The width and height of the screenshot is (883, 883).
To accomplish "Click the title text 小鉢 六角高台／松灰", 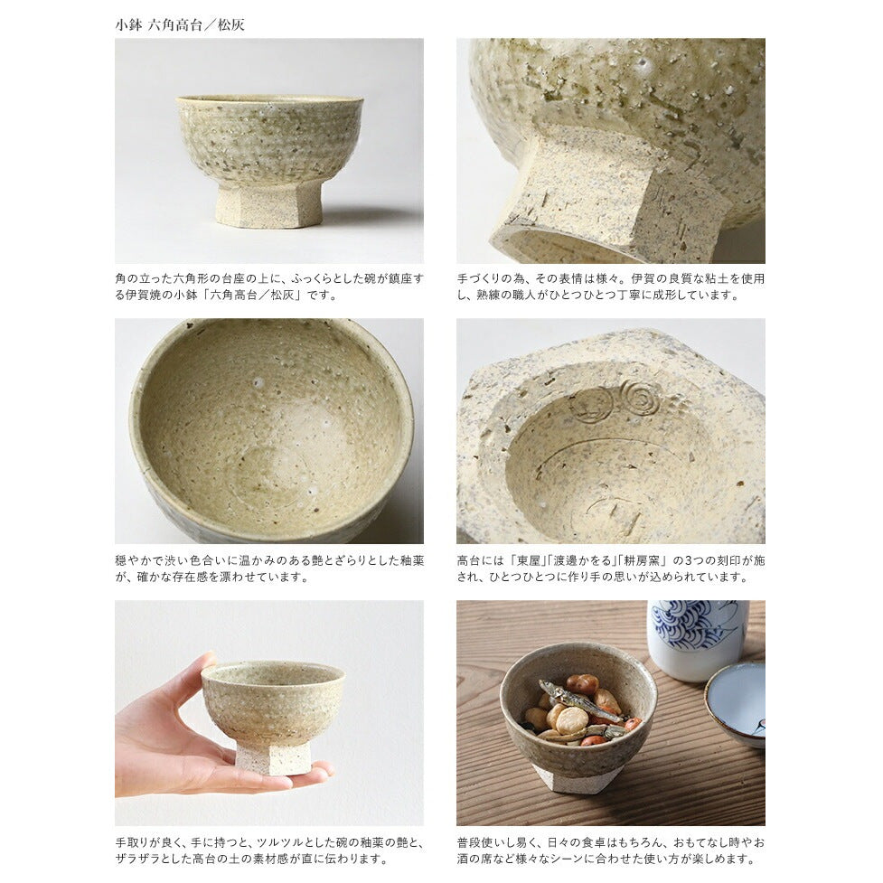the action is point(180,25).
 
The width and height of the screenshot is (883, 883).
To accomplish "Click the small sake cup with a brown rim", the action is point(736,703).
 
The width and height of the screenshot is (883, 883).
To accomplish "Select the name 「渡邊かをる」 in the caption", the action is point(579,561).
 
